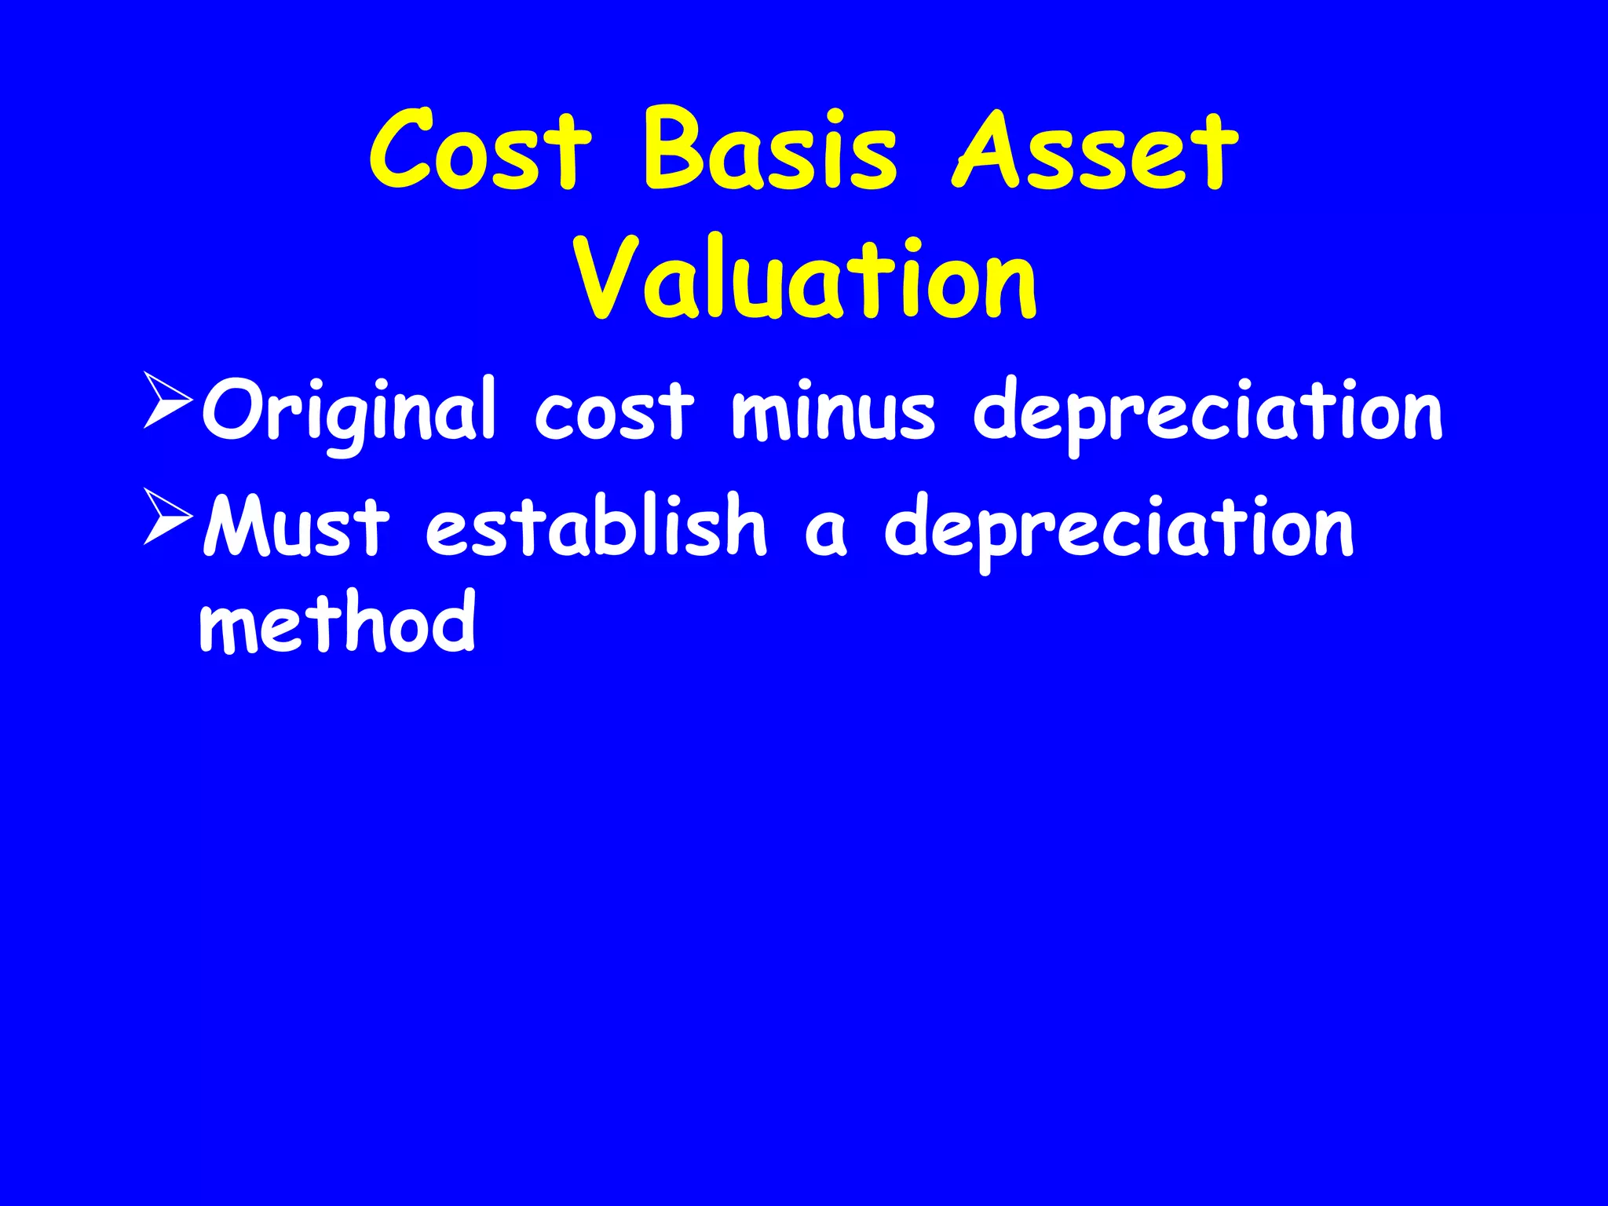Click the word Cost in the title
481,150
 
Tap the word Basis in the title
770,150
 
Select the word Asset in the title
1095,150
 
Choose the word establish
595,526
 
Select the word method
338,622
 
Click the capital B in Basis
676,149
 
